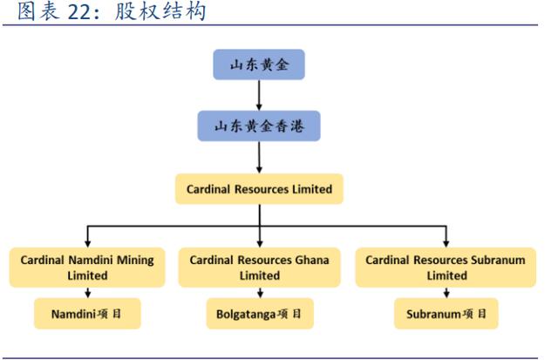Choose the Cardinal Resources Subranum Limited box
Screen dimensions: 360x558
[x=446, y=266]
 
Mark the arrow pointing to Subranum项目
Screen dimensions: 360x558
[x=446, y=292]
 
